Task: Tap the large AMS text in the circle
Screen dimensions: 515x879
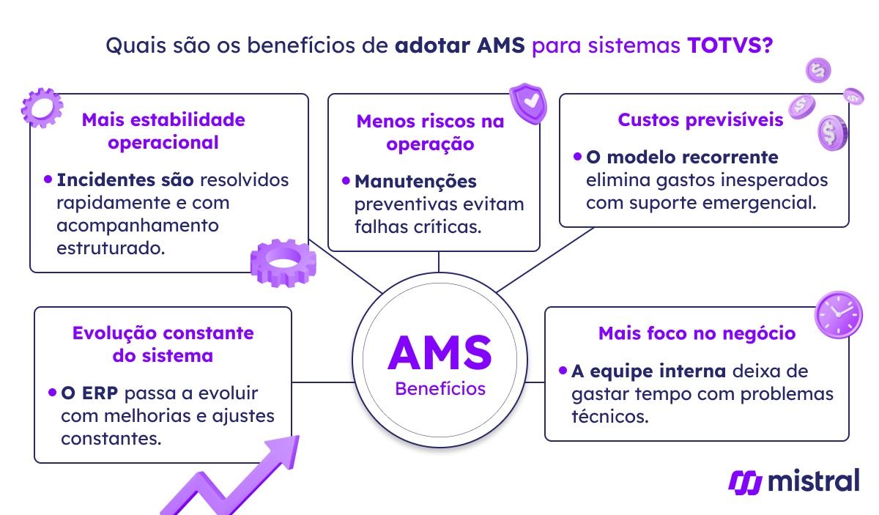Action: coord(439,352)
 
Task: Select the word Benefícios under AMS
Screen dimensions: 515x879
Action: coord(439,388)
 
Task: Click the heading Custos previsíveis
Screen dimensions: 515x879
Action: coord(700,119)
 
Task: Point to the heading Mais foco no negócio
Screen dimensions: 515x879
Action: coord(697,333)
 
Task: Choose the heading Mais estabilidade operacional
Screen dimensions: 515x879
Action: coord(163,130)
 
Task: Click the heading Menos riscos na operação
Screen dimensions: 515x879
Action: coord(430,132)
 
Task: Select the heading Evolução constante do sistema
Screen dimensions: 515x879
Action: coord(163,344)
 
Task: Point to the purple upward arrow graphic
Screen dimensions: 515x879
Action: coord(234,476)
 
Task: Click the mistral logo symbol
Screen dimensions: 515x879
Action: coord(745,481)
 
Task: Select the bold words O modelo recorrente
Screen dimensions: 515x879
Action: coord(682,158)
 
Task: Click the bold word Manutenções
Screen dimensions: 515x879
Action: coord(415,181)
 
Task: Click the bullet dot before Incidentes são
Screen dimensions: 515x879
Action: coord(48,178)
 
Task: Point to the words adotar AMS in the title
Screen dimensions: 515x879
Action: coord(460,45)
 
